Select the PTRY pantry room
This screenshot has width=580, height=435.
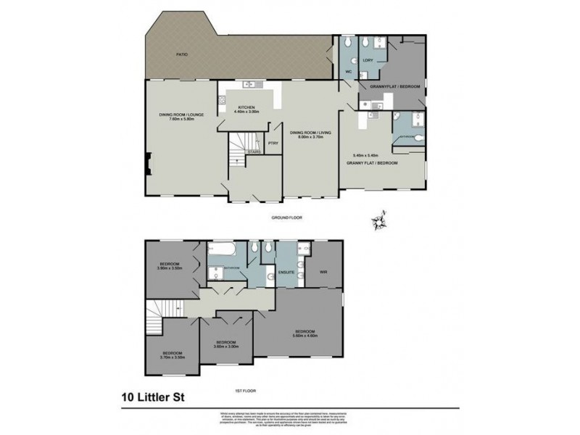[x=273, y=143]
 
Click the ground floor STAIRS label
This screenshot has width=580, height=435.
[x=253, y=152]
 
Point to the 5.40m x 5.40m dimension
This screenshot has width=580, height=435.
[x=367, y=156]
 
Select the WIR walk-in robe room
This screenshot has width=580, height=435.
[x=324, y=272]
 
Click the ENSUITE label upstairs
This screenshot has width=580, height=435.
[x=286, y=272]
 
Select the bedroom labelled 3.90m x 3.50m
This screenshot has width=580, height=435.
[x=172, y=265]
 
